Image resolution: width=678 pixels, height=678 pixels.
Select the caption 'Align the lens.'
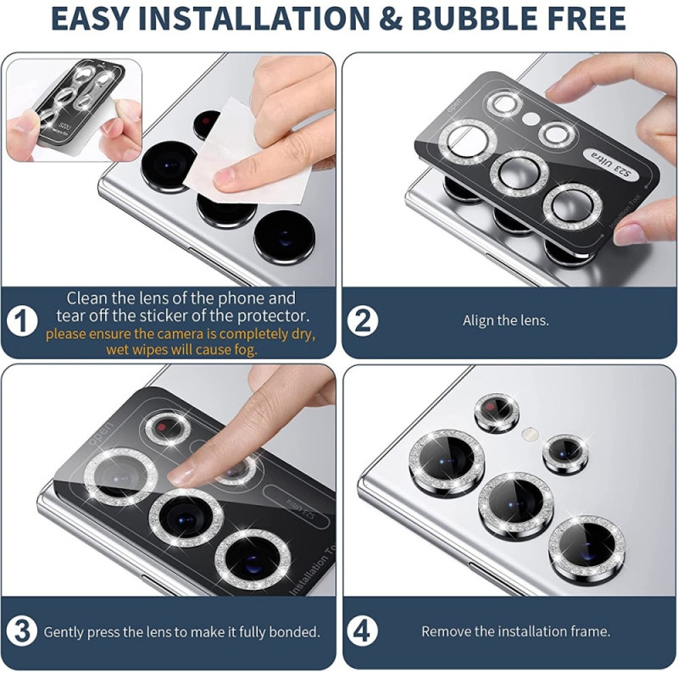click(506, 321)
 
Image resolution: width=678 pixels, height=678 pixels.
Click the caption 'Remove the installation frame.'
click(515, 631)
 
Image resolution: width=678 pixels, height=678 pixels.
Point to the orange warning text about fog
click(180, 342)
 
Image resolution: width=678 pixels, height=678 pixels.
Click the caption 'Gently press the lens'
click(181, 631)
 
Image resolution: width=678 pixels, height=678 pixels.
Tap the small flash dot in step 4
click(530, 434)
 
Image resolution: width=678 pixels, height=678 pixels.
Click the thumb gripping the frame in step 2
click(644, 220)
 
